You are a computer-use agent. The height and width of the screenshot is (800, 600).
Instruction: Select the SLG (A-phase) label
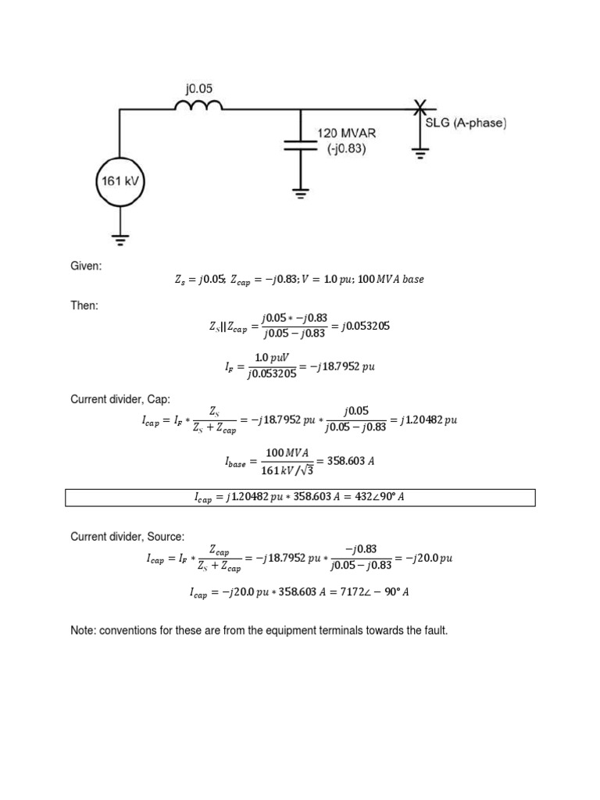pyautogui.click(x=466, y=123)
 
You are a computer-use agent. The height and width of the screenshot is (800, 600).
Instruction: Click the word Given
pyautogui.click(x=86, y=266)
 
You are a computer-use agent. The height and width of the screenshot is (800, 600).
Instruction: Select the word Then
pyautogui.click(x=84, y=305)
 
